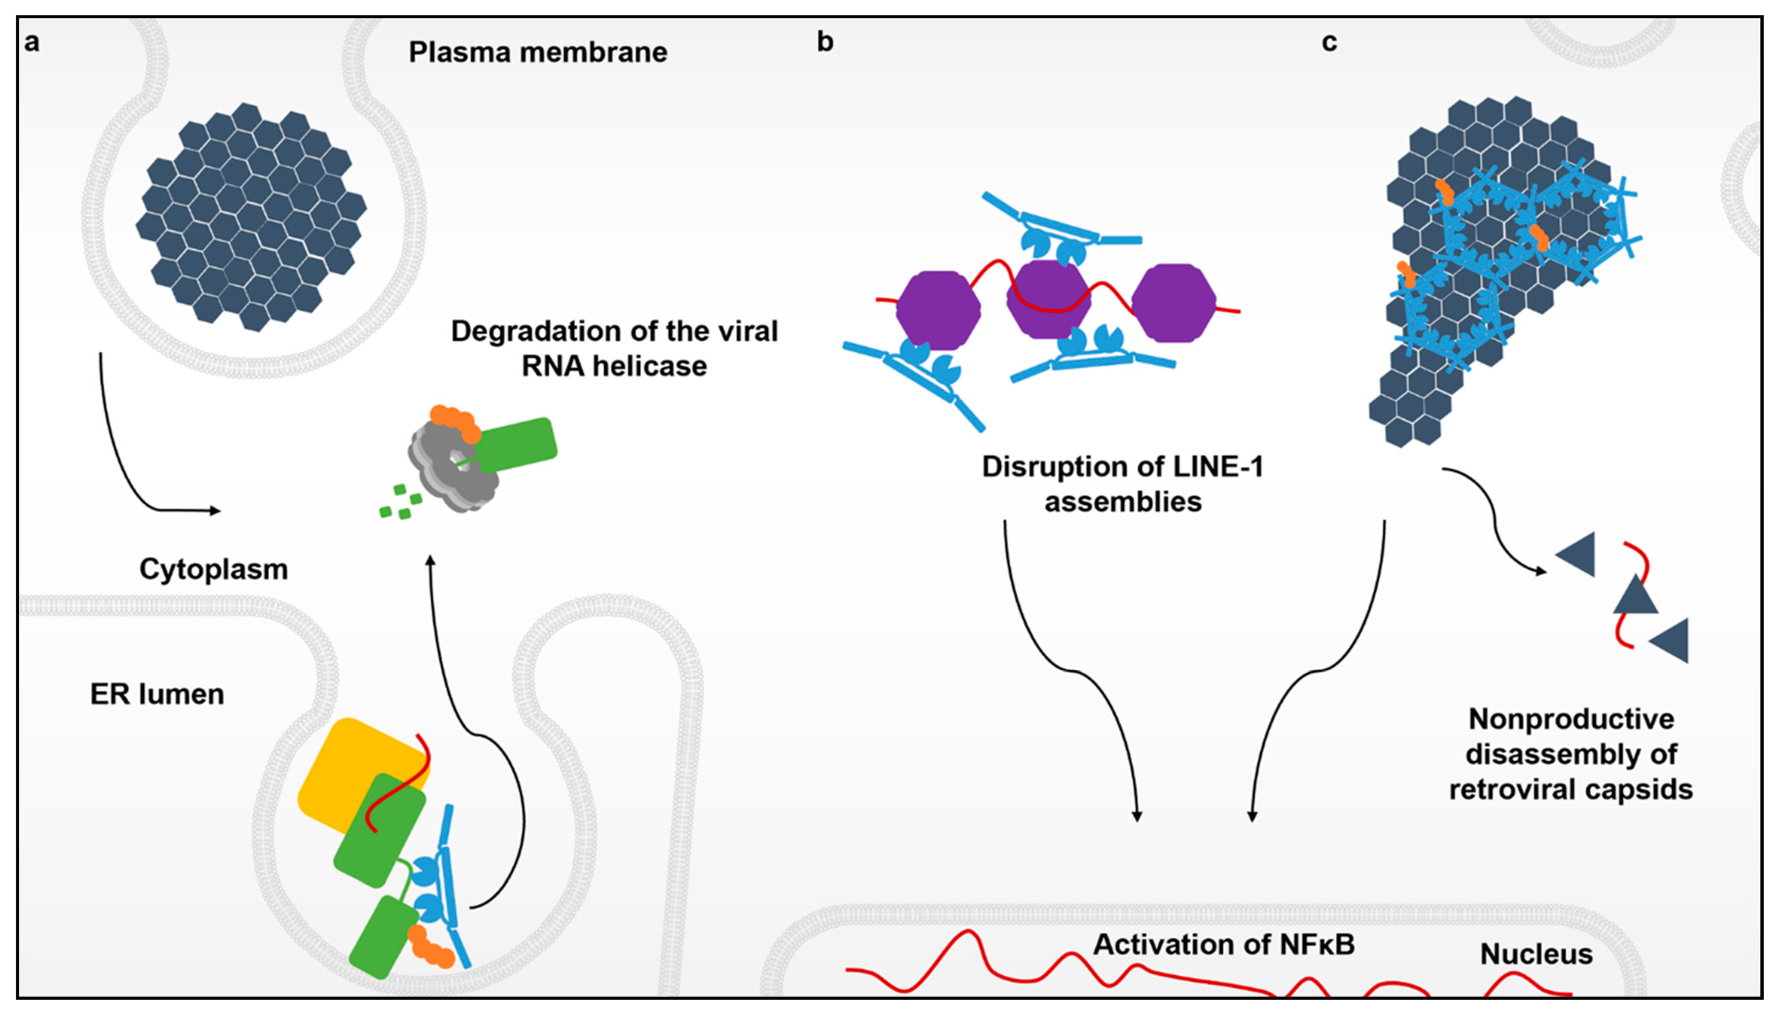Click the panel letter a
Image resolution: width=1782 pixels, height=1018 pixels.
pos(32,43)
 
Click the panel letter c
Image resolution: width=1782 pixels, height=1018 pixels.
pos(1329,43)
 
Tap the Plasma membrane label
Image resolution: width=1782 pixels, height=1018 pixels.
pos(538,52)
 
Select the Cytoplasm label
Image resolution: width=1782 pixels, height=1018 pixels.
pos(213,569)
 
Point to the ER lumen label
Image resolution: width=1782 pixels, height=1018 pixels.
pos(157,694)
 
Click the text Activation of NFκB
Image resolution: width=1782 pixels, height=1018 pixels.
pos(1224,944)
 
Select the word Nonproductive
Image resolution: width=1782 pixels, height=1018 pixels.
pos(1571,719)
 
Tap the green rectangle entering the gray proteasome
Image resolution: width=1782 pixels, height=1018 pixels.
pos(517,445)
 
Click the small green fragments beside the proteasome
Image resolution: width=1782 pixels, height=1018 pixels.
pos(400,502)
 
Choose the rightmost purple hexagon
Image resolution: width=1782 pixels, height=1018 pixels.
pos(1173,303)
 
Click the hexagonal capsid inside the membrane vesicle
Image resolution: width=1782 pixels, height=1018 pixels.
pos(250,217)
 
